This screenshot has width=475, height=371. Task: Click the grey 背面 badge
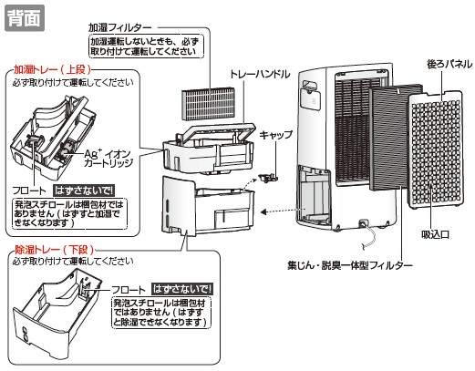[x=25, y=18]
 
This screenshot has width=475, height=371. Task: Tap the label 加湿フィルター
[x=119, y=28]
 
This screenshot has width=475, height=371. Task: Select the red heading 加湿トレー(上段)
[x=52, y=70]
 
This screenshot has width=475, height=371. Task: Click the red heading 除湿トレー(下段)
[x=55, y=250]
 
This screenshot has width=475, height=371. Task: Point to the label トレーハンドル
[x=260, y=74]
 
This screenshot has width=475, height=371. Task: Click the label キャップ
[x=276, y=135]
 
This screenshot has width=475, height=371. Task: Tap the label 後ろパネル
[x=449, y=64]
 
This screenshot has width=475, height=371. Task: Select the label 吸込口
[x=435, y=234]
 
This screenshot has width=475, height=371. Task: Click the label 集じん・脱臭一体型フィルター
[x=350, y=265]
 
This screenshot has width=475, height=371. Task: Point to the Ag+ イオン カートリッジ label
[x=108, y=158]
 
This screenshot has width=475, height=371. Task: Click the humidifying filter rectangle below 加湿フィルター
[x=208, y=103]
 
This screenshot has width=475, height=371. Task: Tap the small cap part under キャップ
[x=268, y=178]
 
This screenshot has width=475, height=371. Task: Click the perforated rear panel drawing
[x=437, y=150]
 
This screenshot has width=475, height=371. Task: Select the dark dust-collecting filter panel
[x=396, y=138]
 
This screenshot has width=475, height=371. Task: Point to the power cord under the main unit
[x=368, y=235]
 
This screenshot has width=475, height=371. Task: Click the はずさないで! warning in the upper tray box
[x=84, y=191]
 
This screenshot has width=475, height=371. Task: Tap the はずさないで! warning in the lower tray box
[x=182, y=289]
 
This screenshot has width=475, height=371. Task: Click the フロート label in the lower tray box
[x=129, y=290]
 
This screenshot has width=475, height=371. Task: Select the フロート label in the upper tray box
[x=29, y=191]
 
